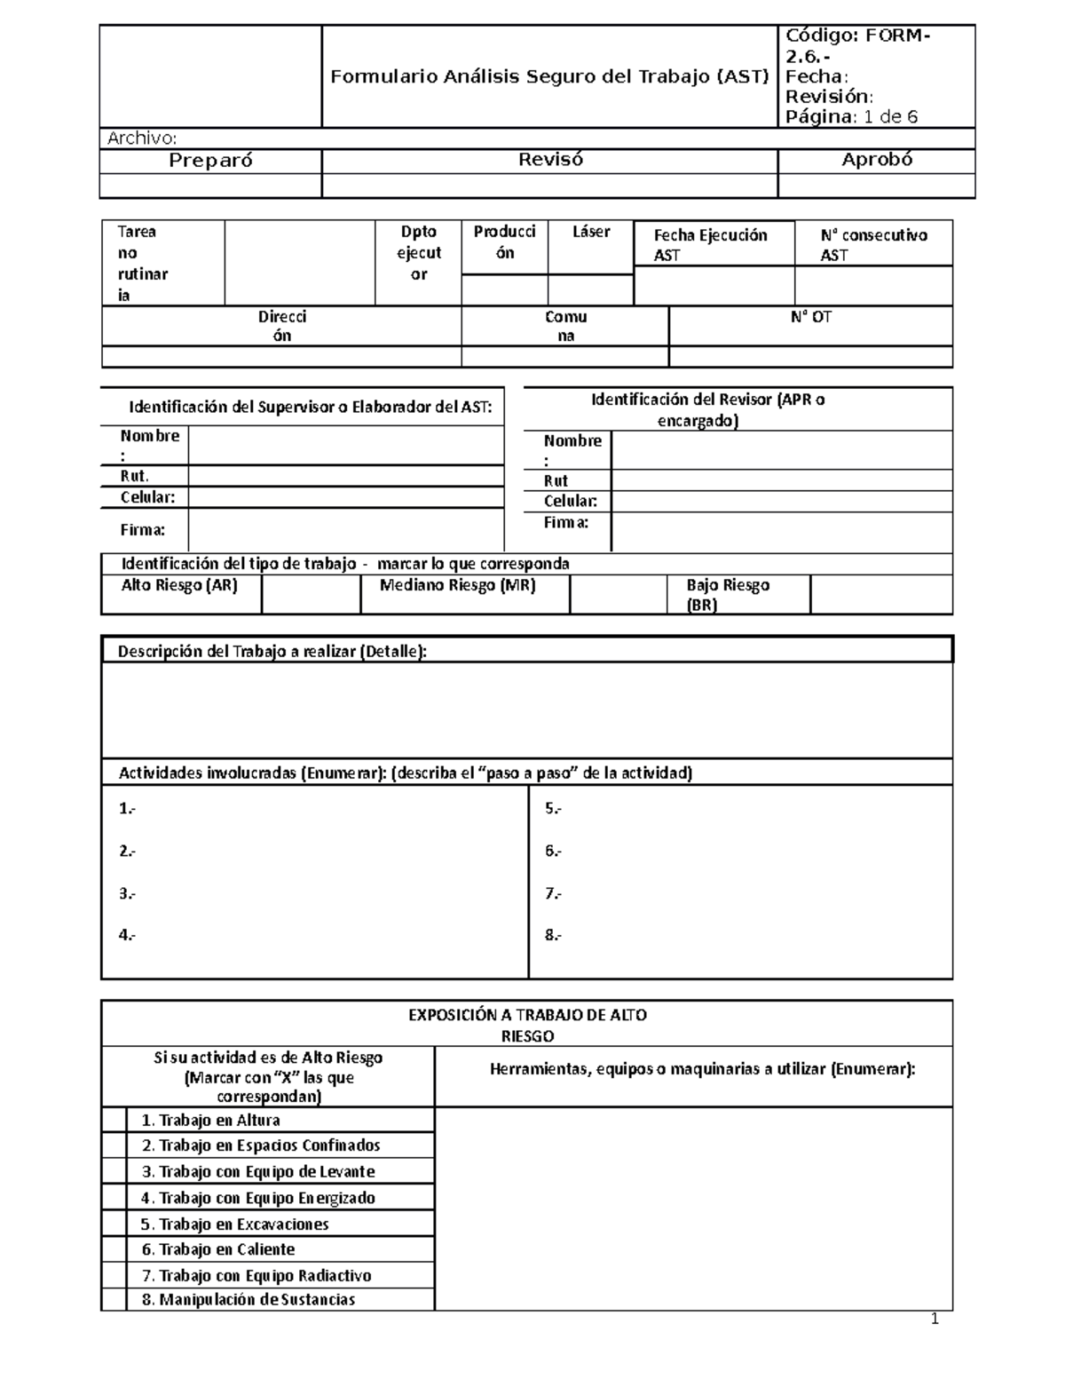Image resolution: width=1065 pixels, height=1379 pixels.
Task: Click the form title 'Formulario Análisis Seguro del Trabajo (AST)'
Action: [549, 77]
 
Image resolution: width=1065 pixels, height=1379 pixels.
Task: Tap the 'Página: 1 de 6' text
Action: [851, 117]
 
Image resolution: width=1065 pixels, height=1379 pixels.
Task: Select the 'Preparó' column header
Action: [210, 160]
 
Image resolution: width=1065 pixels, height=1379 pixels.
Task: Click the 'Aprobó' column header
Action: [876, 160]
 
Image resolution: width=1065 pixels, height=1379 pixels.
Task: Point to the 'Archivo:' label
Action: [142, 138]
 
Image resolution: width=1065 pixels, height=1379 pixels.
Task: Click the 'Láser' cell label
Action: [591, 232]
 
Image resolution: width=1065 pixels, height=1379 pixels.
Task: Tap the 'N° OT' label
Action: [810, 317]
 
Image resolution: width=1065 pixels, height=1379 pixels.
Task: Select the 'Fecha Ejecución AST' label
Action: [709, 244]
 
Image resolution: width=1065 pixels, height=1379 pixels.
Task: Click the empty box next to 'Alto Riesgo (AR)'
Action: [311, 594]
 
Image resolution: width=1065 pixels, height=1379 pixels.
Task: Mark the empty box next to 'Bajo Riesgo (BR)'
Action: [880, 594]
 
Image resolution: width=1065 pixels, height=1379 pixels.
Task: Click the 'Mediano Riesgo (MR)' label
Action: [457, 586]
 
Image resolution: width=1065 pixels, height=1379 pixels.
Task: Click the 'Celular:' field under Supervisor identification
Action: [346, 497]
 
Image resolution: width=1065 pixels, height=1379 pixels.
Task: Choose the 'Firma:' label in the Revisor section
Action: [566, 523]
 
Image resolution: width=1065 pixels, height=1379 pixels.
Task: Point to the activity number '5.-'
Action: [553, 809]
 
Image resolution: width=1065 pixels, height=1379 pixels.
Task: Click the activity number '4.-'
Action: [127, 934]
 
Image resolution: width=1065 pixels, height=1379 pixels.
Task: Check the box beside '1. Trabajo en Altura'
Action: [114, 1120]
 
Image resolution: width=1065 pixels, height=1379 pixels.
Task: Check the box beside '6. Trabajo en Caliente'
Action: [114, 1248]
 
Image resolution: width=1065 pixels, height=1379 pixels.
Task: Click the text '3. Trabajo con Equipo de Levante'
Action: [258, 1171]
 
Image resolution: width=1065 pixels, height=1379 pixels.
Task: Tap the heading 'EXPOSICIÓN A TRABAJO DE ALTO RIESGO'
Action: [527, 1025]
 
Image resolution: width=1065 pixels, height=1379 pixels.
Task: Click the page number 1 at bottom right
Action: [934, 1320]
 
